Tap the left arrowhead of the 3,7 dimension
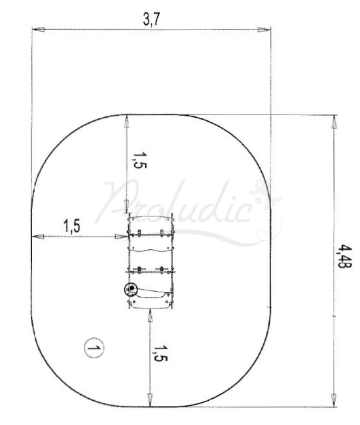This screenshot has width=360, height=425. [37, 29]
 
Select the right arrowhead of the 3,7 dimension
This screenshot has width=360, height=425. [264, 29]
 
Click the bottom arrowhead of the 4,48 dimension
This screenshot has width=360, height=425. [334, 401]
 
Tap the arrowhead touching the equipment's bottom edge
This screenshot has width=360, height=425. [151, 314]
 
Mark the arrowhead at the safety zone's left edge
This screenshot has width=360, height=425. [37, 236]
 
